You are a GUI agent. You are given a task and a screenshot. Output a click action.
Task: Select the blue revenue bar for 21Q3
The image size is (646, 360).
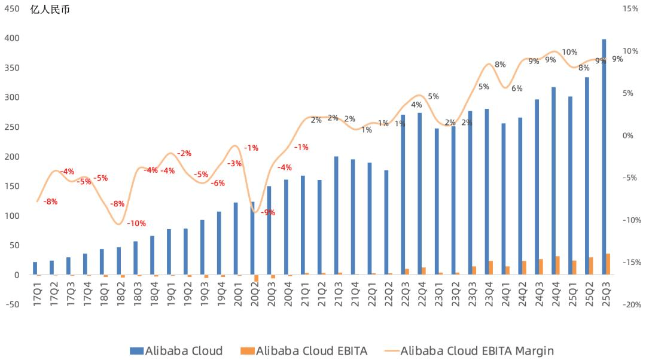(336, 215)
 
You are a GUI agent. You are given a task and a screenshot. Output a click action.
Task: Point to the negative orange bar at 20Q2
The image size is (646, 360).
(257, 278)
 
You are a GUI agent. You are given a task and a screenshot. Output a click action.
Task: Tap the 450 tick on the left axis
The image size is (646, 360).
(12, 9)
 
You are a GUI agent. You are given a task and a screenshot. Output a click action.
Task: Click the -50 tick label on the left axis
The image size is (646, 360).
(12, 304)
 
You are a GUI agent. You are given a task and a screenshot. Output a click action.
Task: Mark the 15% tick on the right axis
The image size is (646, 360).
(631, 9)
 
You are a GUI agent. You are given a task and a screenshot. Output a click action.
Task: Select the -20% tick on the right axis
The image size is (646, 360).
(631, 304)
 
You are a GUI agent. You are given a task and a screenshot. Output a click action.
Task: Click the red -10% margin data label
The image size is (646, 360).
(136, 224)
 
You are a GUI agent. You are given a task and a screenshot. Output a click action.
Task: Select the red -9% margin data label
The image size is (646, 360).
(267, 212)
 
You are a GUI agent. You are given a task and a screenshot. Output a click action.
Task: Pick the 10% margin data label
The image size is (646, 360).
(569, 52)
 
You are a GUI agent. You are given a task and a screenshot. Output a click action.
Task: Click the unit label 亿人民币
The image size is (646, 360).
(50, 10)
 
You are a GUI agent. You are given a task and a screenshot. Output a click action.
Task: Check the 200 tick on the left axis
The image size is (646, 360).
(12, 157)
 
